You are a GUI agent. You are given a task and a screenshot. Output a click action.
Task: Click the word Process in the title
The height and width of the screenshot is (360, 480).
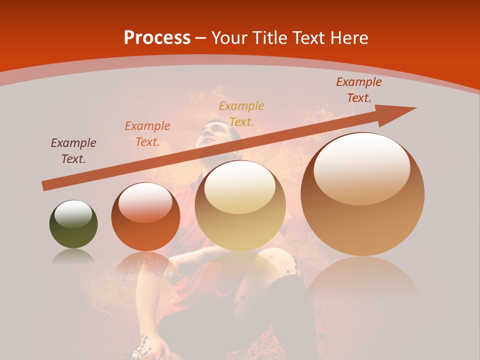[x=157, y=38]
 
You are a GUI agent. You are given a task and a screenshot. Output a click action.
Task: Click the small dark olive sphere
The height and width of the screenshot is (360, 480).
[x=73, y=224]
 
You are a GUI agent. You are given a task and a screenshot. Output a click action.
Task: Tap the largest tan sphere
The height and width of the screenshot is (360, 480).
[x=362, y=194]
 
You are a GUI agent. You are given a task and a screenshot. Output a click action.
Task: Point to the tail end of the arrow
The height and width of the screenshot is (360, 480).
[x=45, y=185]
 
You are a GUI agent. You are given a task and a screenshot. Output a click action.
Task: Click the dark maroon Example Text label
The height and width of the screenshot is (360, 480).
[x=73, y=150]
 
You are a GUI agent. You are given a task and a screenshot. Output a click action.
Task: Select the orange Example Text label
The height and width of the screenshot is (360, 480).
[x=147, y=133]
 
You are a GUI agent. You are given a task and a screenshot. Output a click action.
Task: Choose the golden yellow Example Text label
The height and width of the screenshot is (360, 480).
[x=241, y=113]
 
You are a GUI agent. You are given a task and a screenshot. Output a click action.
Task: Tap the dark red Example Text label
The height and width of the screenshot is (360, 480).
[x=358, y=90]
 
